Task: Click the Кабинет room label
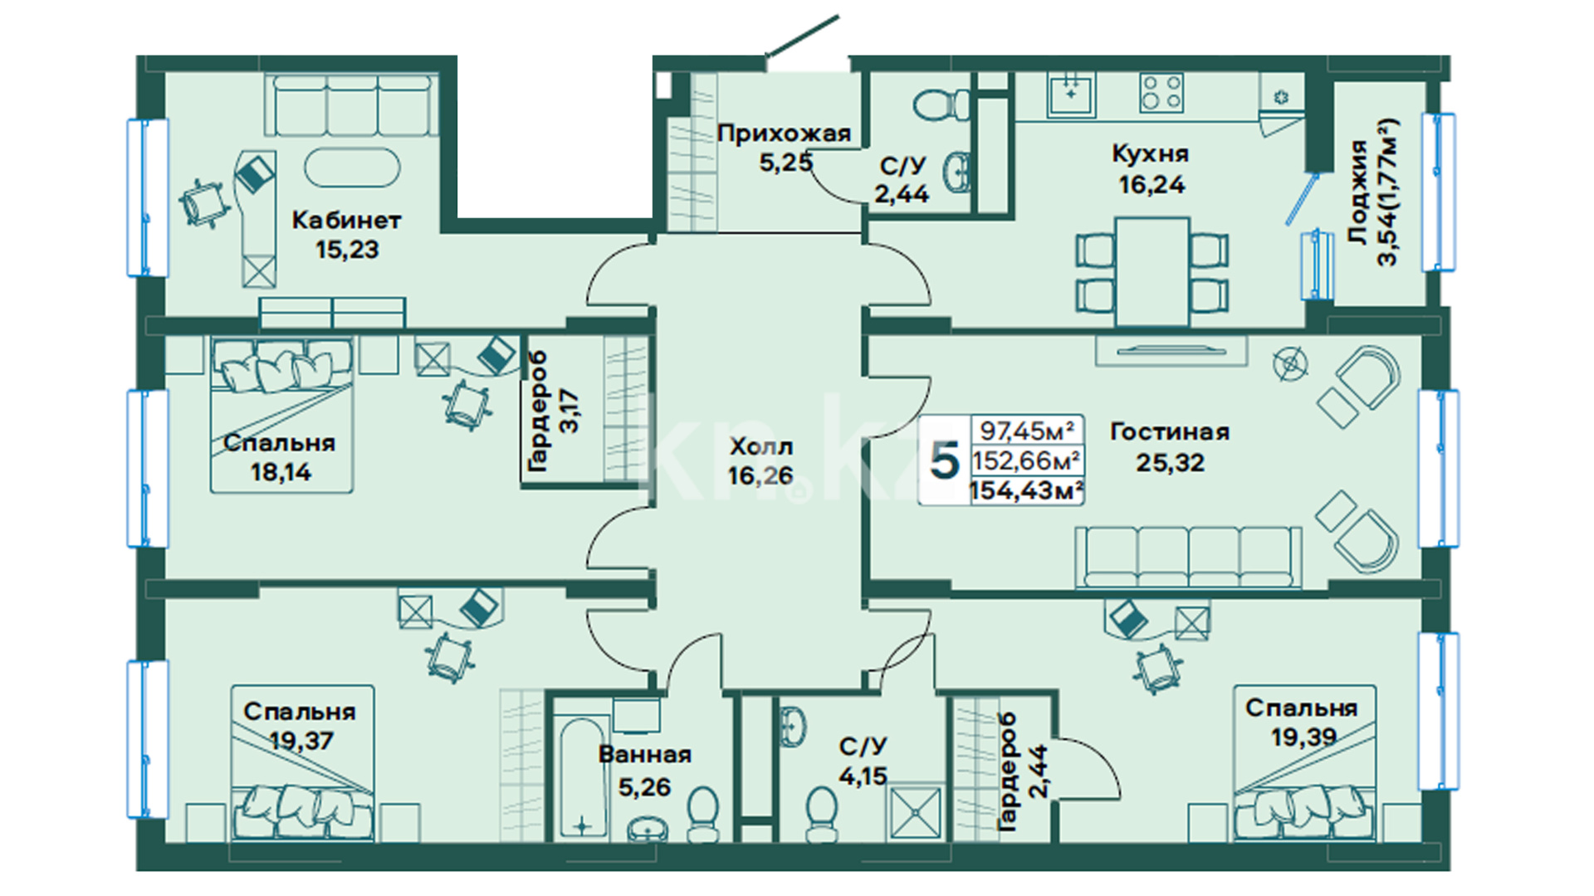click(x=346, y=221)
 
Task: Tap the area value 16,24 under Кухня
click(x=1151, y=184)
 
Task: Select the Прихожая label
click(x=785, y=133)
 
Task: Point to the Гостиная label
click(x=1170, y=431)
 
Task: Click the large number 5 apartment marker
click(x=945, y=460)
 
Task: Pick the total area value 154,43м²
click(x=1026, y=490)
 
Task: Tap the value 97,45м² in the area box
click(x=1027, y=431)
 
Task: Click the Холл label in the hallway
click(x=761, y=447)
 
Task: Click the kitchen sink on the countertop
click(x=1071, y=95)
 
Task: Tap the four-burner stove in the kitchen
click(x=1161, y=93)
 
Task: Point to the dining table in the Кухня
click(x=1151, y=271)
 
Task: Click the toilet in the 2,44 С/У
click(x=942, y=105)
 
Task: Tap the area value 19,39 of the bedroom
click(x=1303, y=737)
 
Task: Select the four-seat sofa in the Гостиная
click(x=1189, y=558)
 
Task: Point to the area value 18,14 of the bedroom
click(x=281, y=472)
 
